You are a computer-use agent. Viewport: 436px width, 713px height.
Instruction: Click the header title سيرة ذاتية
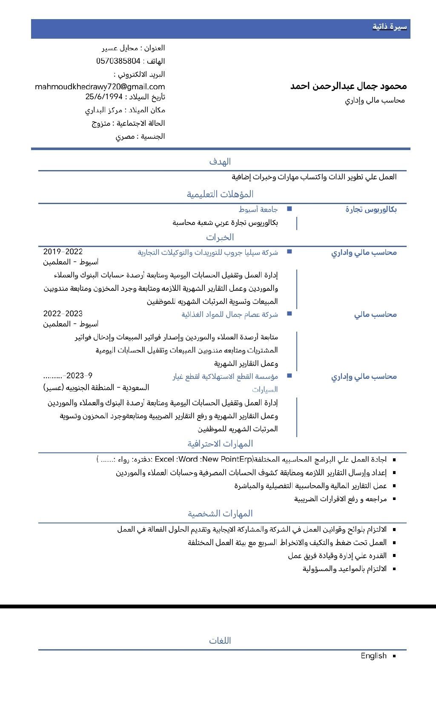coord(390,27)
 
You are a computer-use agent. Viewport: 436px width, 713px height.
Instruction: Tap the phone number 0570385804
coord(118,61)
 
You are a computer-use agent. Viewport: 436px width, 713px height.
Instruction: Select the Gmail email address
coord(100,87)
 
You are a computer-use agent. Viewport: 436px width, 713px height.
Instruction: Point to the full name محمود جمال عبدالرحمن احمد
coord(348,86)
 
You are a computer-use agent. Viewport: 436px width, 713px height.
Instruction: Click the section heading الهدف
coord(220,162)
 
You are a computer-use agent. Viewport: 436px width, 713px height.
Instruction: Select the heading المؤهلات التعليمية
coord(220,194)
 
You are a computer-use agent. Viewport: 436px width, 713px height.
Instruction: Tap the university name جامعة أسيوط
coord(258,209)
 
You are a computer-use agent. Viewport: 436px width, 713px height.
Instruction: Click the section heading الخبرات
coord(220,237)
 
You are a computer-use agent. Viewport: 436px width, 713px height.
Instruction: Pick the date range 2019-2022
coord(63,252)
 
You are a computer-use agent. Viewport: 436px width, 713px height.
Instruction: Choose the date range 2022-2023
coord(63,314)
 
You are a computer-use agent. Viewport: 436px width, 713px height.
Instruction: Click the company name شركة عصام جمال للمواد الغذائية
coord(229,314)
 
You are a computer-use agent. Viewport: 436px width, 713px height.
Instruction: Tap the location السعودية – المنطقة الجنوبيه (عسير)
coord(96,387)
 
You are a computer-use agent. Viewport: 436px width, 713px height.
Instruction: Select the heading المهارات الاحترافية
coord(220,444)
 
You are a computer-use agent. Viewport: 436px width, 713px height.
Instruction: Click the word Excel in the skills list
coord(164,459)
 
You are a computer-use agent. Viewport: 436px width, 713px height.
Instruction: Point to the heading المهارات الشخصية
coord(220,514)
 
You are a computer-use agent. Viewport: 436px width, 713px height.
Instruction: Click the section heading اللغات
coord(220,641)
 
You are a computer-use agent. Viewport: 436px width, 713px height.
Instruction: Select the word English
coord(373,656)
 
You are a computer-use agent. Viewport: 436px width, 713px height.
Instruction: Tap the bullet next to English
coord(394,656)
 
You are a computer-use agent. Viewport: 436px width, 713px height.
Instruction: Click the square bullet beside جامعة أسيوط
coord(290,209)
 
